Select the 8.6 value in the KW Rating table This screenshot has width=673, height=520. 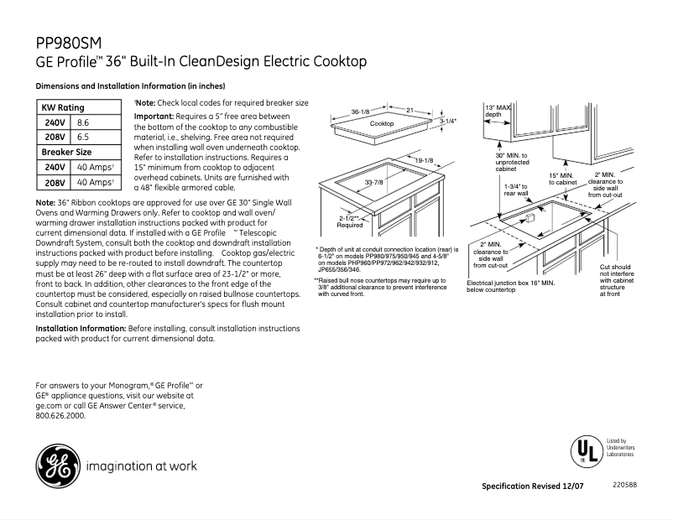coord(83,122)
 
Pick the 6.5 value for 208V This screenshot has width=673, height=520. coord(83,137)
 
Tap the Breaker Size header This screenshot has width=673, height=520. coord(67,152)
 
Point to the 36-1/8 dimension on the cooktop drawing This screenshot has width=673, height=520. coord(361,111)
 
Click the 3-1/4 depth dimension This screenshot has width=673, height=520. coord(448,122)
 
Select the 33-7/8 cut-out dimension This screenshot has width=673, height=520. coord(374,183)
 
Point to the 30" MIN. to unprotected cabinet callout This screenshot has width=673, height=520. coord(512,162)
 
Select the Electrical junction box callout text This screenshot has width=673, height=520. coord(510,287)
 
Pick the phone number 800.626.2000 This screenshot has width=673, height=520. coord(60,415)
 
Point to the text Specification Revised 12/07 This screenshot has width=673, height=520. coord(534,487)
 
